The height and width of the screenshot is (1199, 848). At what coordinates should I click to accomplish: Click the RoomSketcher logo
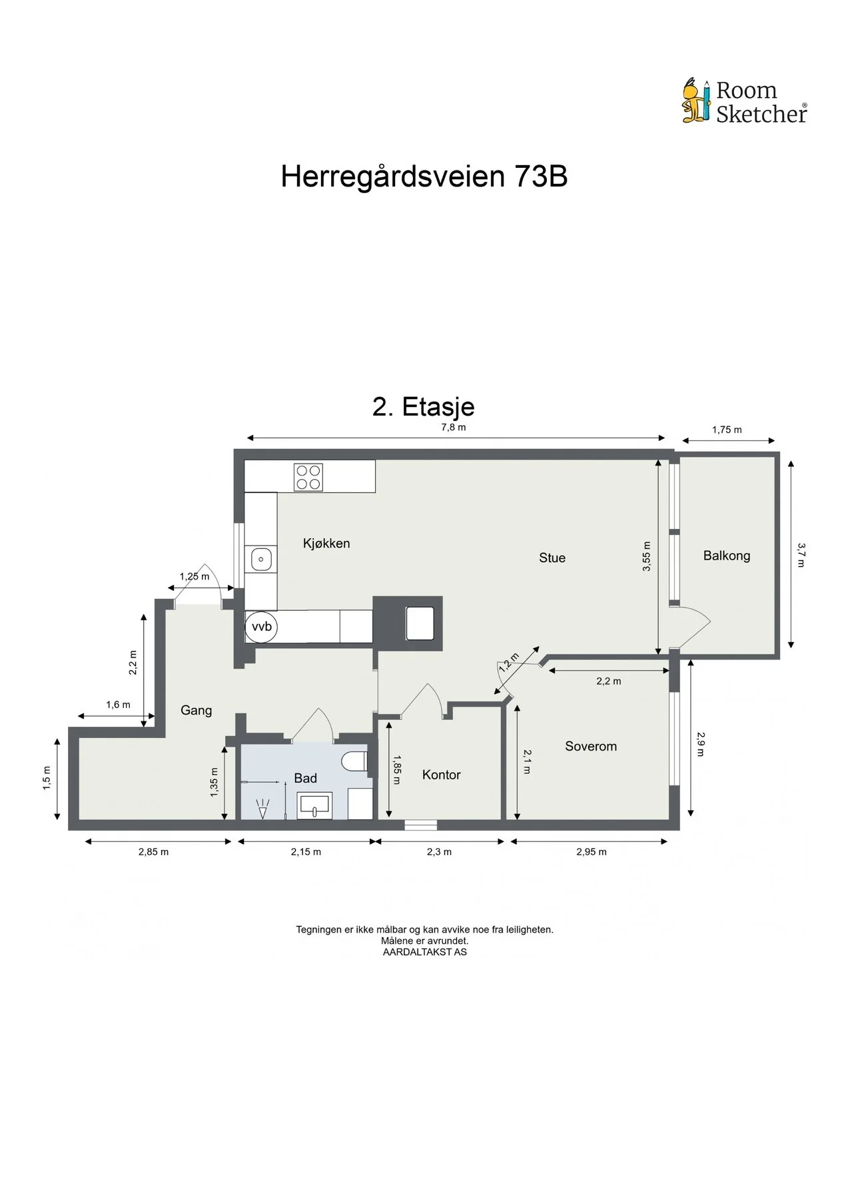pyautogui.click(x=744, y=101)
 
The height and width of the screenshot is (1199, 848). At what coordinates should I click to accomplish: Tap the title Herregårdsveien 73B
pyautogui.click(x=424, y=177)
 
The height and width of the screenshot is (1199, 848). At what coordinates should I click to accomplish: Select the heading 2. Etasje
pyautogui.click(x=424, y=406)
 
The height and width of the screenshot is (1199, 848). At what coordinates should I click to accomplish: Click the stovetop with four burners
pyautogui.click(x=308, y=477)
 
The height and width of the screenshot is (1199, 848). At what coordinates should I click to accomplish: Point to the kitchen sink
pyautogui.click(x=260, y=560)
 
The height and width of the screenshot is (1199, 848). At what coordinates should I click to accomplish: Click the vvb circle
pyautogui.click(x=261, y=627)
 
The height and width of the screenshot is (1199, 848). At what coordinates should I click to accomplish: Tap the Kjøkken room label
pyautogui.click(x=326, y=544)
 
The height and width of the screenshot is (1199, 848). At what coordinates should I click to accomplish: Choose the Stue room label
pyautogui.click(x=552, y=558)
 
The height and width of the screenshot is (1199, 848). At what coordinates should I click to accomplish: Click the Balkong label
pyautogui.click(x=727, y=556)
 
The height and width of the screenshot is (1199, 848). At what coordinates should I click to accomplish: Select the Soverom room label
pyautogui.click(x=591, y=747)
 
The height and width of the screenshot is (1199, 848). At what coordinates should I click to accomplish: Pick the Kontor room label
pyautogui.click(x=442, y=775)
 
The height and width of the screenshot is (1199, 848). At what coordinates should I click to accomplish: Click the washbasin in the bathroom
pyautogui.click(x=314, y=805)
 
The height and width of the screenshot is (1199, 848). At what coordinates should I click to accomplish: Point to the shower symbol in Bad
pyautogui.click(x=264, y=809)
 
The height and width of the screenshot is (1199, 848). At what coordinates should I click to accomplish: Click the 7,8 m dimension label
pyautogui.click(x=454, y=428)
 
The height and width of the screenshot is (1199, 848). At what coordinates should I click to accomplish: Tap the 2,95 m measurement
pyautogui.click(x=592, y=852)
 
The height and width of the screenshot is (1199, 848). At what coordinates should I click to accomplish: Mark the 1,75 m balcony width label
pyautogui.click(x=727, y=430)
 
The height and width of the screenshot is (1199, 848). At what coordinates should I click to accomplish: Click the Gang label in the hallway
pyautogui.click(x=197, y=711)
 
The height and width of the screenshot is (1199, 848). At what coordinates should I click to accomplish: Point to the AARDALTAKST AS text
pyautogui.click(x=425, y=953)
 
